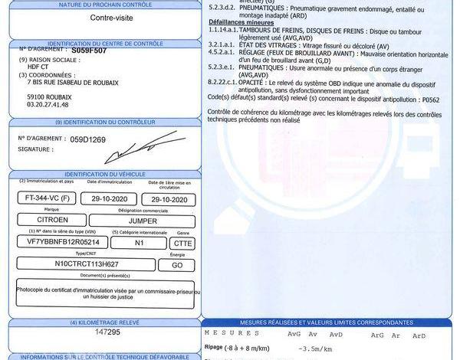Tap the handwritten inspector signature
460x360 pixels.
(x=146, y=148)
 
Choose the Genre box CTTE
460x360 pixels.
(x=182, y=242)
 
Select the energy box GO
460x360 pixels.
(x=177, y=264)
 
